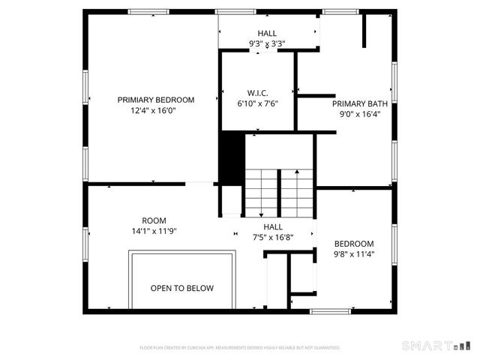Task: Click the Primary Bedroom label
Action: tap(156, 100)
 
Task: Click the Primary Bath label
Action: tap(359, 104)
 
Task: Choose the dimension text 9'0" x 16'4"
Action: tap(359, 115)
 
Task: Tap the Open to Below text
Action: tap(182, 288)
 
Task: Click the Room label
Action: tap(154, 220)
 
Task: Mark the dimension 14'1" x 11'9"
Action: tap(154, 231)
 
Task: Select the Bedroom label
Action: tap(354, 244)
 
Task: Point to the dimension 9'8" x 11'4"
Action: tap(354, 254)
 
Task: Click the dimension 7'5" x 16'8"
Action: tap(272, 237)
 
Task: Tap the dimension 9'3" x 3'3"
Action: tap(267, 44)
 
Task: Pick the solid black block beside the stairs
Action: tap(232, 155)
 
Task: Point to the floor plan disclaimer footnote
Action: tap(240, 348)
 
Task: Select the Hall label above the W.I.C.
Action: tap(267, 34)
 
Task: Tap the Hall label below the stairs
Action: tap(272, 226)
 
